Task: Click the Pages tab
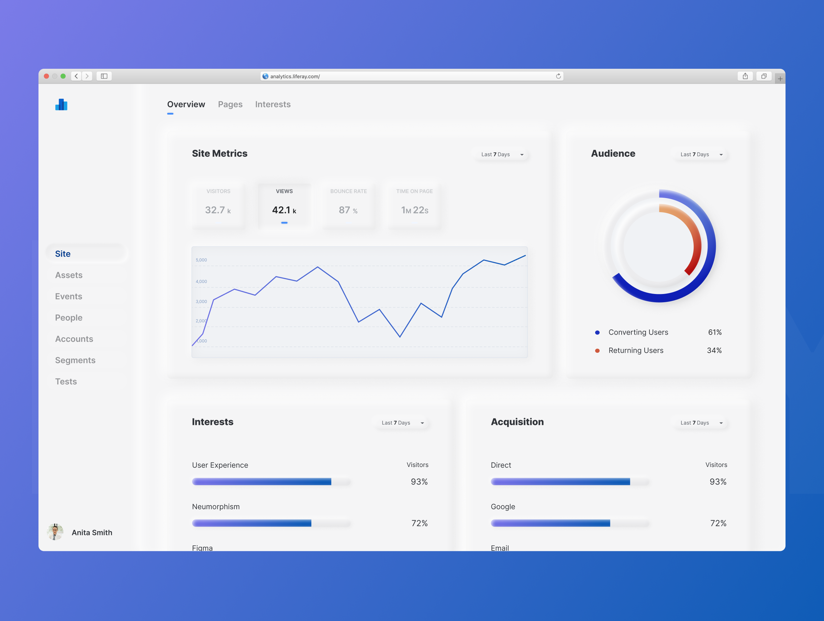[x=230, y=105]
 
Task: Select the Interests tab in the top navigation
[x=273, y=105]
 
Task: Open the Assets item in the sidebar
[x=69, y=275]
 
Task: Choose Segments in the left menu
[x=75, y=360]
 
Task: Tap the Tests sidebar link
[x=66, y=381]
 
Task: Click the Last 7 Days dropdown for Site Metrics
[x=502, y=154]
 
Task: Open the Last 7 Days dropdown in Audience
[x=701, y=154]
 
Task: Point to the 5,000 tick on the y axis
[x=201, y=260]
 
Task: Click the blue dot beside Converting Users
[x=597, y=333]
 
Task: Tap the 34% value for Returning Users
[x=714, y=350]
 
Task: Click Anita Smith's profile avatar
[x=55, y=532]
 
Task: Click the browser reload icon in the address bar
[x=558, y=76]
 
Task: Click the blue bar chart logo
[x=62, y=105]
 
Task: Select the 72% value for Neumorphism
[x=419, y=523]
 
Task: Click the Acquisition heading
[x=517, y=422]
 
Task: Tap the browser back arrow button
[x=76, y=76]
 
